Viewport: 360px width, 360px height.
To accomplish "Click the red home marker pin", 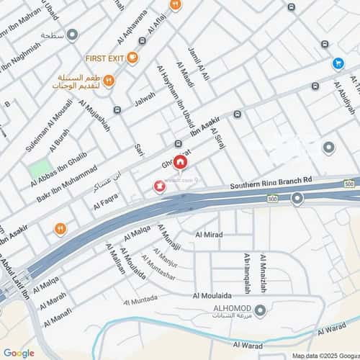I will tap(179, 162).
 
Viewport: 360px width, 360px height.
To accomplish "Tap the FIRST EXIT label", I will tap(104, 58).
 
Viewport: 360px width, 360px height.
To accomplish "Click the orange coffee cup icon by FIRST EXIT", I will tap(132, 58).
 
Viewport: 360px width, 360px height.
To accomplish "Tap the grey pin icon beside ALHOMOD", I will tap(261, 311).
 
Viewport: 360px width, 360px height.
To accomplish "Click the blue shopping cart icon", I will tap(338, 63).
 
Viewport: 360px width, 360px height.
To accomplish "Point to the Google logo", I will tap(19, 353).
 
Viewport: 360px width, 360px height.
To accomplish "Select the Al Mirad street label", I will tap(209, 235).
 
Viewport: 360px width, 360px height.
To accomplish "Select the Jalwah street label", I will tap(145, 98).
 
